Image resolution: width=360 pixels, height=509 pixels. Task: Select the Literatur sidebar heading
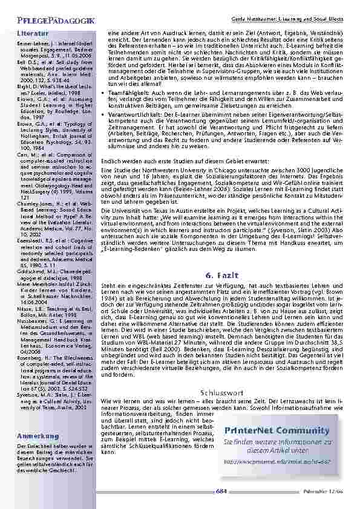pos(33,33)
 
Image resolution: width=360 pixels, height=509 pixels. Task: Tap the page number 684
pos(221,491)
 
